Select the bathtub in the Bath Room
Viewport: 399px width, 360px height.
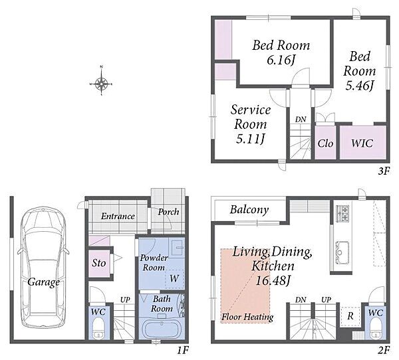pos(160,329)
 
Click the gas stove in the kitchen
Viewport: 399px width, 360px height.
pos(342,214)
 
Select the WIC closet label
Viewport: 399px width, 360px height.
pos(362,143)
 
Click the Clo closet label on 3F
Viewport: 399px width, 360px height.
pos(325,143)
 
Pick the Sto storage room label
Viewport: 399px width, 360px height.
pos(98,263)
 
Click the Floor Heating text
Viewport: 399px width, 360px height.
pos(247,317)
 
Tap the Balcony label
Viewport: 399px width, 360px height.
pos(249,210)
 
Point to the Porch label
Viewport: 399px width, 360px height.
pos(168,211)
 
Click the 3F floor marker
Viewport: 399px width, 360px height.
pos(384,171)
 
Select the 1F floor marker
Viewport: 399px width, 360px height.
pos(183,351)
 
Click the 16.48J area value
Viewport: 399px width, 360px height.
pos(273,281)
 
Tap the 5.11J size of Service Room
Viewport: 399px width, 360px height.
pos(251,139)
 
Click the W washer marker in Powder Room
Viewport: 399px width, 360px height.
pos(174,278)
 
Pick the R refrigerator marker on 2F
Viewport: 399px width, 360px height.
pos(350,316)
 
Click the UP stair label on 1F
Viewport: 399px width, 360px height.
pos(125,300)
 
